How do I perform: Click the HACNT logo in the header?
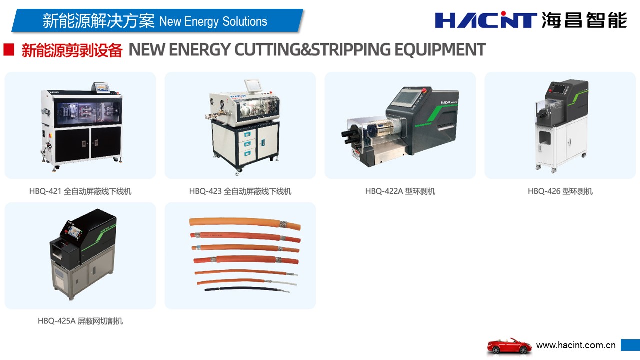(x=485, y=20)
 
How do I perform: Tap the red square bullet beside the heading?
(x=9, y=49)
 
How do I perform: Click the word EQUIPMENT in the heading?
(x=440, y=49)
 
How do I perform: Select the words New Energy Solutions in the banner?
(x=213, y=21)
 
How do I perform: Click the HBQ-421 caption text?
(x=80, y=191)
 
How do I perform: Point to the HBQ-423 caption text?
(x=240, y=191)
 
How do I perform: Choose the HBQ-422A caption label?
(x=400, y=191)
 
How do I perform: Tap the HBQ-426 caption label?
(x=560, y=191)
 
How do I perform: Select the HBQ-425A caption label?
(x=80, y=321)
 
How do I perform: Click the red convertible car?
(x=509, y=346)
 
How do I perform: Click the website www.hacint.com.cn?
(x=576, y=345)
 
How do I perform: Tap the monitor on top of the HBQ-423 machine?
(x=253, y=85)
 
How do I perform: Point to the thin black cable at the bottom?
(x=247, y=289)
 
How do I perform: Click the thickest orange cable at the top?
(x=245, y=223)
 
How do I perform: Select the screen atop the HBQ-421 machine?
(x=101, y=87)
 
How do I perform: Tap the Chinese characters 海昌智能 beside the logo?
(x=584, y=20)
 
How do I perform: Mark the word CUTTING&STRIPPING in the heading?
(x=313, y=49)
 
